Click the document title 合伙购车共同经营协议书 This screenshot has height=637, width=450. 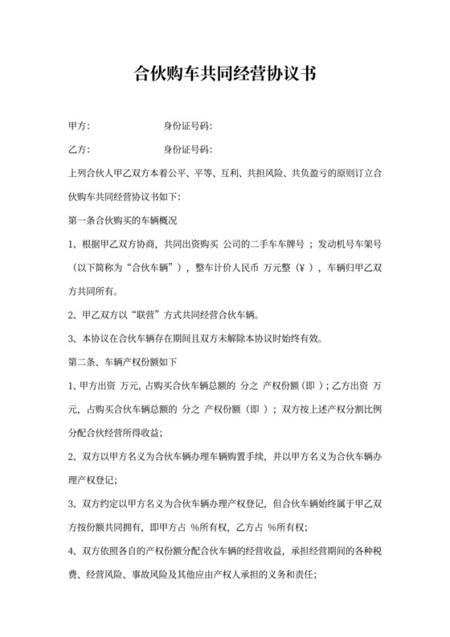[225, 76]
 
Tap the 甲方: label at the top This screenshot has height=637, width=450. [80, 127]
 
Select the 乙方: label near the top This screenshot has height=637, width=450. [80, 150]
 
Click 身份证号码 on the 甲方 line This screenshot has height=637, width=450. [186, 127]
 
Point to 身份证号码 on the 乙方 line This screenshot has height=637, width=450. [186, 150]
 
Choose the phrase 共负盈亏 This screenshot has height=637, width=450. [309, 174]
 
